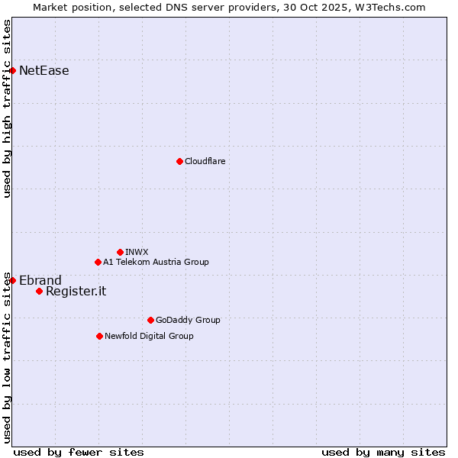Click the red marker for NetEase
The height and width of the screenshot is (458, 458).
(x=12, y=71)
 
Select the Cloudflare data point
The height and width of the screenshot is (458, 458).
(x=179, y=161)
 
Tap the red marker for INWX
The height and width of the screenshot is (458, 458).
(x=120, y=252)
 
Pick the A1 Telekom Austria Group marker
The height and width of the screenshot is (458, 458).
(x=98, y=263)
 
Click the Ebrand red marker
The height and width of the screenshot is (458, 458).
(x=12, y=280)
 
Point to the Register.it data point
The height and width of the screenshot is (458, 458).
(x=39, y=291)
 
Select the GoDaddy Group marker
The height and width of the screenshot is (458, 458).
(x=150, y=321)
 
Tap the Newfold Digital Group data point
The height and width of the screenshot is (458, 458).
(x=99, y=336)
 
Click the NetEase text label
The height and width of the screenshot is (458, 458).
(x=44, y=71)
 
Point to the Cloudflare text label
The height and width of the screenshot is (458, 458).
(x=205, y=161)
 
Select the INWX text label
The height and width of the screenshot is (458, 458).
(x=137, y=252)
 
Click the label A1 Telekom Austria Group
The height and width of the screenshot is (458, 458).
(x=156, y=263)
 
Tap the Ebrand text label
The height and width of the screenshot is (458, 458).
(x=40, y=280)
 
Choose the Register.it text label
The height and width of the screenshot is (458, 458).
(x=76, y=291)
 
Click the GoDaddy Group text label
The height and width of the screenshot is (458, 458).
(x=187, y=321)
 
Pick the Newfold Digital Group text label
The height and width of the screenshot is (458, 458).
(x=149, y=336)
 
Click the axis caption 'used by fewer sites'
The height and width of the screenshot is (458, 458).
(x=79, y=452)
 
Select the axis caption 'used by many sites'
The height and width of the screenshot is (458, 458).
(x=382, y=452)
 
